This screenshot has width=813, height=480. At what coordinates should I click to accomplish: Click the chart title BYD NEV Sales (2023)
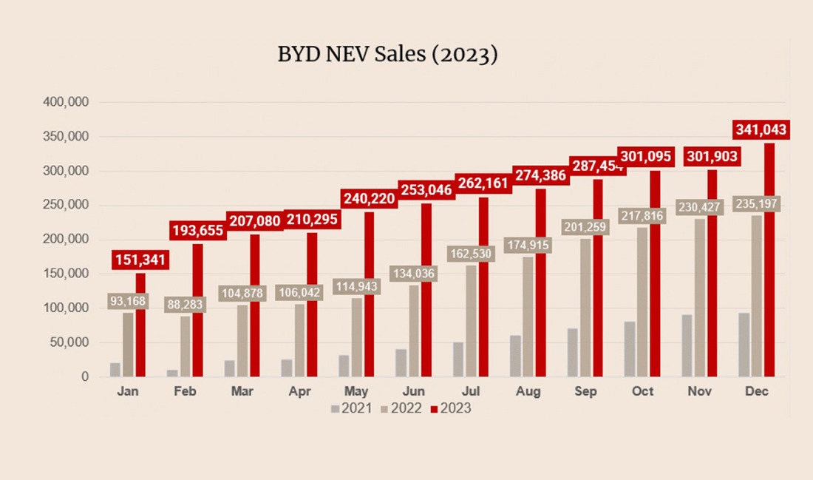387,55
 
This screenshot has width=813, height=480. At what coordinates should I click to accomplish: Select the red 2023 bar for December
769,259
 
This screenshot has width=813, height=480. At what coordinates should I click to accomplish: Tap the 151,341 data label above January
141,260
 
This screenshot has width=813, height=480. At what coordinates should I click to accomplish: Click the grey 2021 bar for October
629,349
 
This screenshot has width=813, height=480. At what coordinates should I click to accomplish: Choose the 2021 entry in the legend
352,408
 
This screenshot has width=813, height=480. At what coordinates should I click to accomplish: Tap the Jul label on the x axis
472,392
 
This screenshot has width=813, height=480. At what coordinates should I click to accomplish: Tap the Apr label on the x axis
299,392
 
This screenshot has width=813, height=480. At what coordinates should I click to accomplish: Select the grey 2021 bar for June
401,362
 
